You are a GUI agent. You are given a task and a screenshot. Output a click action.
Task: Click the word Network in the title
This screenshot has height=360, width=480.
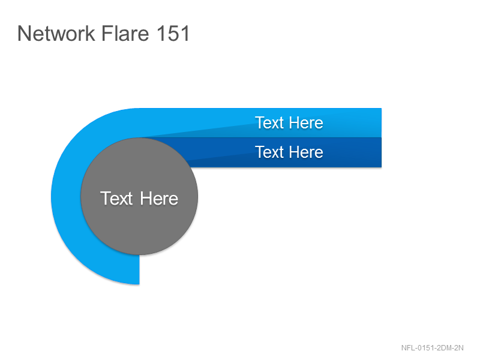point(56,33)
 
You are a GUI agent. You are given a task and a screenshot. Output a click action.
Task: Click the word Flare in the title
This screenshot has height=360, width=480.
point(125,33)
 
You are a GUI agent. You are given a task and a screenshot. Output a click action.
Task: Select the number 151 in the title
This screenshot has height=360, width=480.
point(173,33)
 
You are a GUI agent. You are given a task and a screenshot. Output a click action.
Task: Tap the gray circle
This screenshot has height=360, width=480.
point(139,196)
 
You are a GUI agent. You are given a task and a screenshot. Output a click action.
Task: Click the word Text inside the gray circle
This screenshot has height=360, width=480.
point(116,199)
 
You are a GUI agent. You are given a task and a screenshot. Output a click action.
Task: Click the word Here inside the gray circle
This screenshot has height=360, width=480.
point(159,199)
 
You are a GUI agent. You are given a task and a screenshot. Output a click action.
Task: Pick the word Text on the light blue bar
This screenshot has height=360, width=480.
point(269,123)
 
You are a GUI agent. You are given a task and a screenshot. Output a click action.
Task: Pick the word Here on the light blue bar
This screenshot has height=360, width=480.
point(306,123)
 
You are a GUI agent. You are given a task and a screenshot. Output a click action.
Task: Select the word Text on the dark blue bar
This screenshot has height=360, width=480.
point(269,152)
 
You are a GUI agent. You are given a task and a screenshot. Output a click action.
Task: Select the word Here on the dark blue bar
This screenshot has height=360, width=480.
point(306,152)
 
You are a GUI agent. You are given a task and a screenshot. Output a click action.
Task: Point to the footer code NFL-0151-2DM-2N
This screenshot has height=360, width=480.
point(432,348)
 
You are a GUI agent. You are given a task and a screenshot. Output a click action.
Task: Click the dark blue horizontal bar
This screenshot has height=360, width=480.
point(284,152)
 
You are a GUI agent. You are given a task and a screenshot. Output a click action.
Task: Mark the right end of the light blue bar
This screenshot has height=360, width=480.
point(381,123)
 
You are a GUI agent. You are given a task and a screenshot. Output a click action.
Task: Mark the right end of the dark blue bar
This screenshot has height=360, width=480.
point(381,152)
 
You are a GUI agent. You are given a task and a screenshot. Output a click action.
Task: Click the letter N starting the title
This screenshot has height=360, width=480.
point(23,33)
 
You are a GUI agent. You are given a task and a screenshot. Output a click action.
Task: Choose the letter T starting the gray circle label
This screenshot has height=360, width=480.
point(106,199)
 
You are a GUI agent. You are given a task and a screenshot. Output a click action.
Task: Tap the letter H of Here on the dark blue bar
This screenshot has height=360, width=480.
point(294,152)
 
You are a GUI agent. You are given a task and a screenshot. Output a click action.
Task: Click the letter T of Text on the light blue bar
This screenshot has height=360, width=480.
point(260,123)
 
